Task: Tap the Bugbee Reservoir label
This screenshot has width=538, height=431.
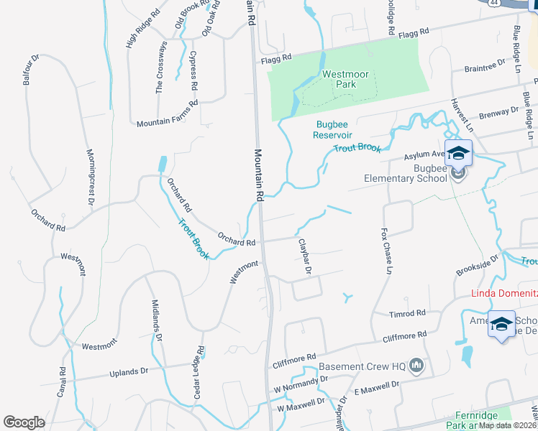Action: pos(333,129)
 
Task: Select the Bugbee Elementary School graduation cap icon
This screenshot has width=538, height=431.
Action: pos(458,153)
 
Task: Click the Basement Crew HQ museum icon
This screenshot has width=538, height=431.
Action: pos(416,366)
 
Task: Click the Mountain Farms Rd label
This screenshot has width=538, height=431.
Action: pos(168,121)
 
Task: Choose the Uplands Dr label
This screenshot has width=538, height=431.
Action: pos(129,372)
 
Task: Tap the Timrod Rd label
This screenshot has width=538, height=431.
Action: pos(408,314)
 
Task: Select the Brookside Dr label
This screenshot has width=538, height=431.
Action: pos(478,265)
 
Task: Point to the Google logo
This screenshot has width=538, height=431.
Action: pos(24,422)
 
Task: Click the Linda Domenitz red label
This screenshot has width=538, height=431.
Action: pos(504,292)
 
